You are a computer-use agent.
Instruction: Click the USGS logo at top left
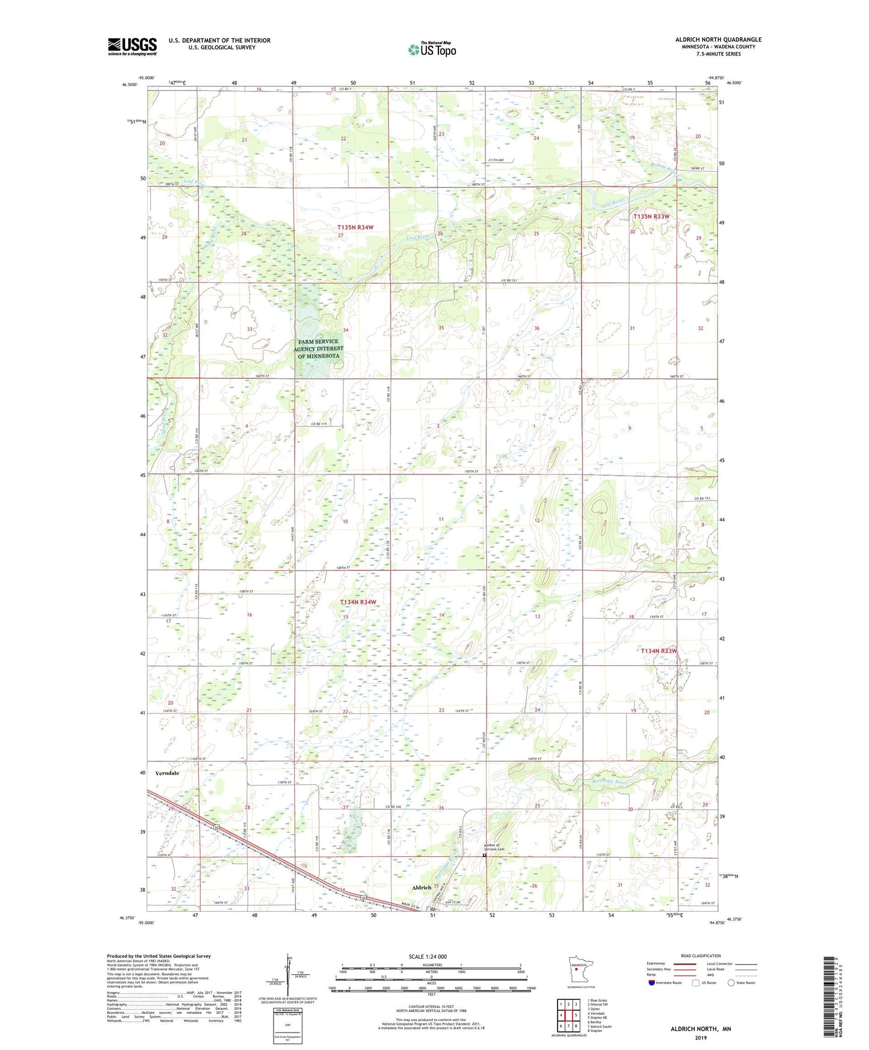coord(132,46)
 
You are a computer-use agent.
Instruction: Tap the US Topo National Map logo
coord(431,49)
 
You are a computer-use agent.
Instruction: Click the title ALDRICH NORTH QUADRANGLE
coord(718,40)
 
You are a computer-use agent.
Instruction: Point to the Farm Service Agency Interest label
coord(319,349)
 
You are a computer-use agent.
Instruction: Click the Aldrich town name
coord(422,888)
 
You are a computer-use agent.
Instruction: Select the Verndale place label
coord(167,773)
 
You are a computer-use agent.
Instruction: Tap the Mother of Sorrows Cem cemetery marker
coord(485,854)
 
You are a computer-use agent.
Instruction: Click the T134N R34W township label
coord(358,602)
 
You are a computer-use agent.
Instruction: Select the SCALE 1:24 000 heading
coord(428,957)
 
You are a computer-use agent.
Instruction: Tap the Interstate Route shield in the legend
coord(652,983)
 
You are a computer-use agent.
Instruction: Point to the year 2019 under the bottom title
coord(701,1038)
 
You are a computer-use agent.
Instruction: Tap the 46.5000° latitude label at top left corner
coord(129,85)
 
